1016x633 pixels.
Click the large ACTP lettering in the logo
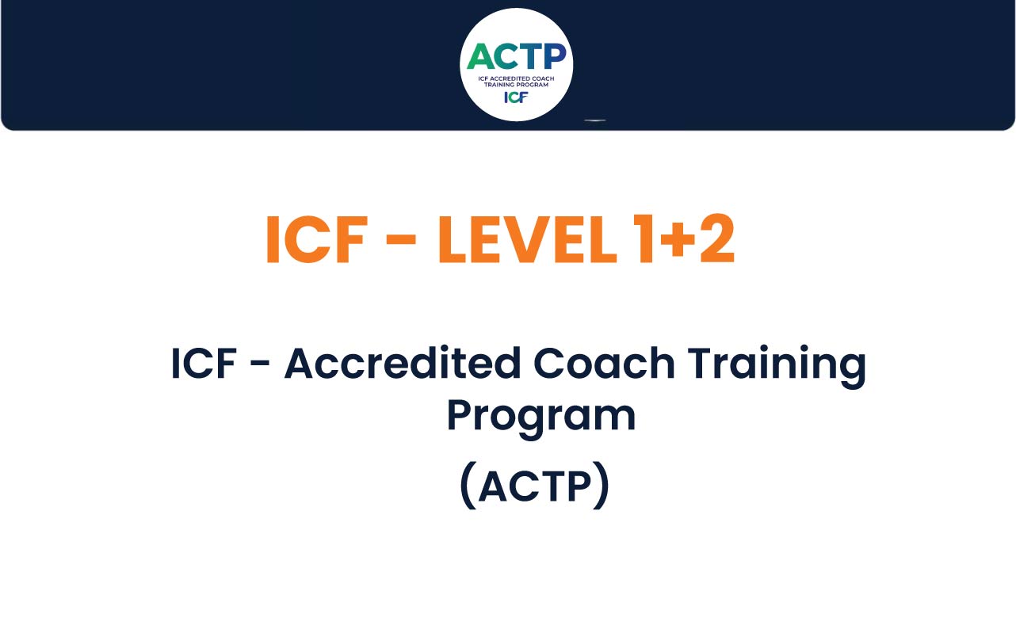tap(517, 56)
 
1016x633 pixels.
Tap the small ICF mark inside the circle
tap(516, 97)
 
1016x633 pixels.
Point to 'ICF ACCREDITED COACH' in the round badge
tap(516, 78)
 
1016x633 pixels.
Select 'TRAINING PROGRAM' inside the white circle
tap(516, 85)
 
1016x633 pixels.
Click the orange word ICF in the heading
tap(316, 239)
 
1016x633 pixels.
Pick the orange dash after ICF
tap(401, 241)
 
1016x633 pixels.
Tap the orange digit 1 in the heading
tap(644, 238)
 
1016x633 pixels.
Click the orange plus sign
tap(678, 240)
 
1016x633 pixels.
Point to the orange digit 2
tap(716, 238)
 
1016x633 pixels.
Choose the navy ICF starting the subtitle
tap(204, 363)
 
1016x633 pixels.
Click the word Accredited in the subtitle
tap(403, 362)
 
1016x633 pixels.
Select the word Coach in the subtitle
tap(604, 362)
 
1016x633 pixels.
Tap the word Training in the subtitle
tap(777, 366)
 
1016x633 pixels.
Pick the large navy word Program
tap(541, 418)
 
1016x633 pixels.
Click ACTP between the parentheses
tap(535, 487)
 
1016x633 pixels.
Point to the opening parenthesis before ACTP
tap(468, 486)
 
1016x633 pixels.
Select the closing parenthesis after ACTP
tap(602, 486)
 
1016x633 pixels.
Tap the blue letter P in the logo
tap(555, 56)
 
